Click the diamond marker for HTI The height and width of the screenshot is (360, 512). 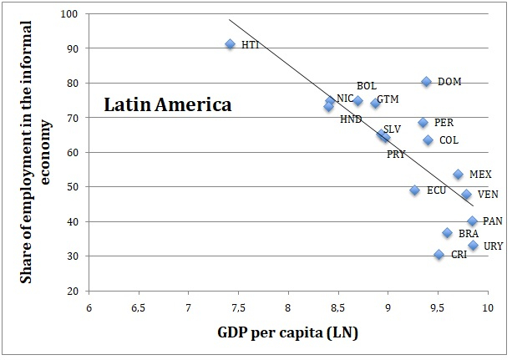click(x=231, y=44)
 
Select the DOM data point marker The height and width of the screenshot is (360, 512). click(x=426, y=82)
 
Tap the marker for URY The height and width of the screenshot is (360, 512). click(x=473, y=246)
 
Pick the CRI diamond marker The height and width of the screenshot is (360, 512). click(x=438, y=255)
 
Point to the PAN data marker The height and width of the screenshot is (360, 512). click(x=472, y=221)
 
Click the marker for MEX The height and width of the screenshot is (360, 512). click(x=458, y=175)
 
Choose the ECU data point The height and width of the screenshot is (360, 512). click(x=414, y=190)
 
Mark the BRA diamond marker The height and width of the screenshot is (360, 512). click(x=448, y=233)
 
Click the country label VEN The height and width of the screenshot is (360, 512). click(x=488, y=195)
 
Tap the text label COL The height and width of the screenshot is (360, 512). click(x=449, y=140)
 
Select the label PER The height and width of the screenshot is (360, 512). click(x=444, y=123)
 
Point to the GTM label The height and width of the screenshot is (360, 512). click(x=388, y=99)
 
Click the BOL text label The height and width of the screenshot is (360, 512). click(x=366, y=86)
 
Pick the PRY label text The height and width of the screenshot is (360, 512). click(x=396, y=155)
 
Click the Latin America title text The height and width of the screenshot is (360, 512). click(x=167, y=106)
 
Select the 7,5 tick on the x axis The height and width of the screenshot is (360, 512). click(x=238, y=308)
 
